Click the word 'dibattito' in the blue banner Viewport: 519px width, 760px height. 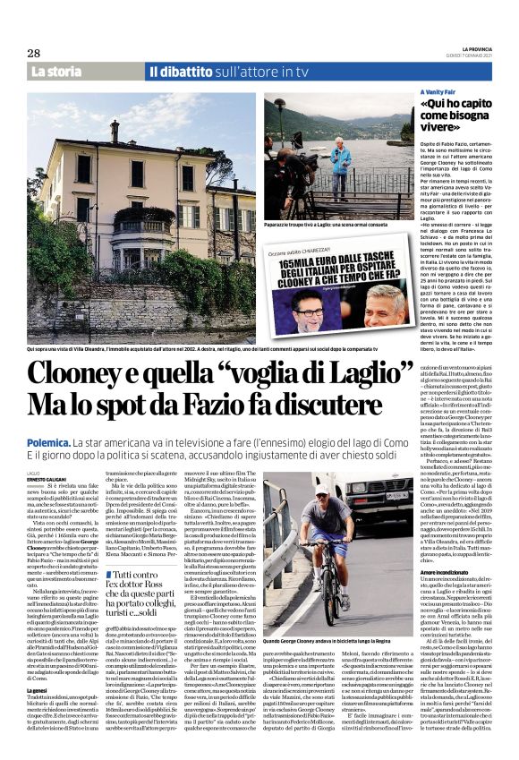coord(191,72)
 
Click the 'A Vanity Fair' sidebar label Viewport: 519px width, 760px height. coord(439,93)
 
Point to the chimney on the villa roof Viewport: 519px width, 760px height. coord(115,132)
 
